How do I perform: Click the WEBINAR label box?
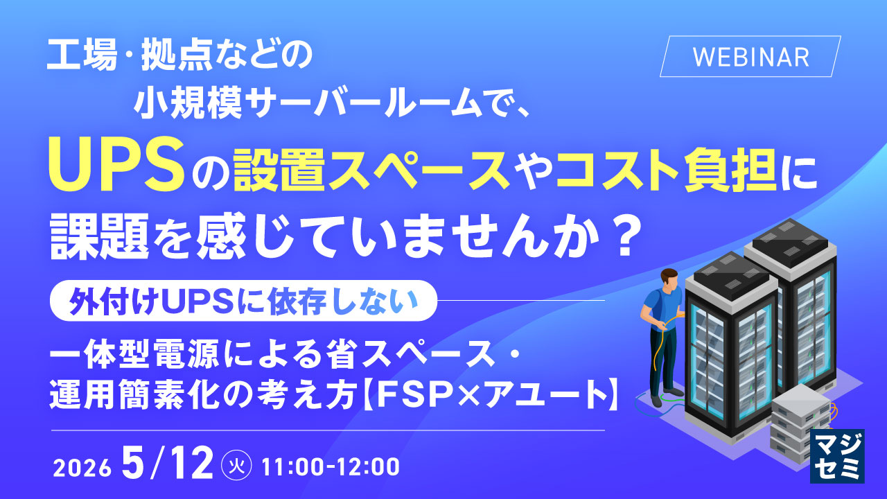click(x=750, y=56)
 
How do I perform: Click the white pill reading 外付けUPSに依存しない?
click(x=243, y=301)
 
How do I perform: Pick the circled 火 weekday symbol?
click(x=237, y=466)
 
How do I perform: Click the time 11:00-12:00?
click(x=331, y=466)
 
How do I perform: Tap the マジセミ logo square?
click(x=837, y=456)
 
